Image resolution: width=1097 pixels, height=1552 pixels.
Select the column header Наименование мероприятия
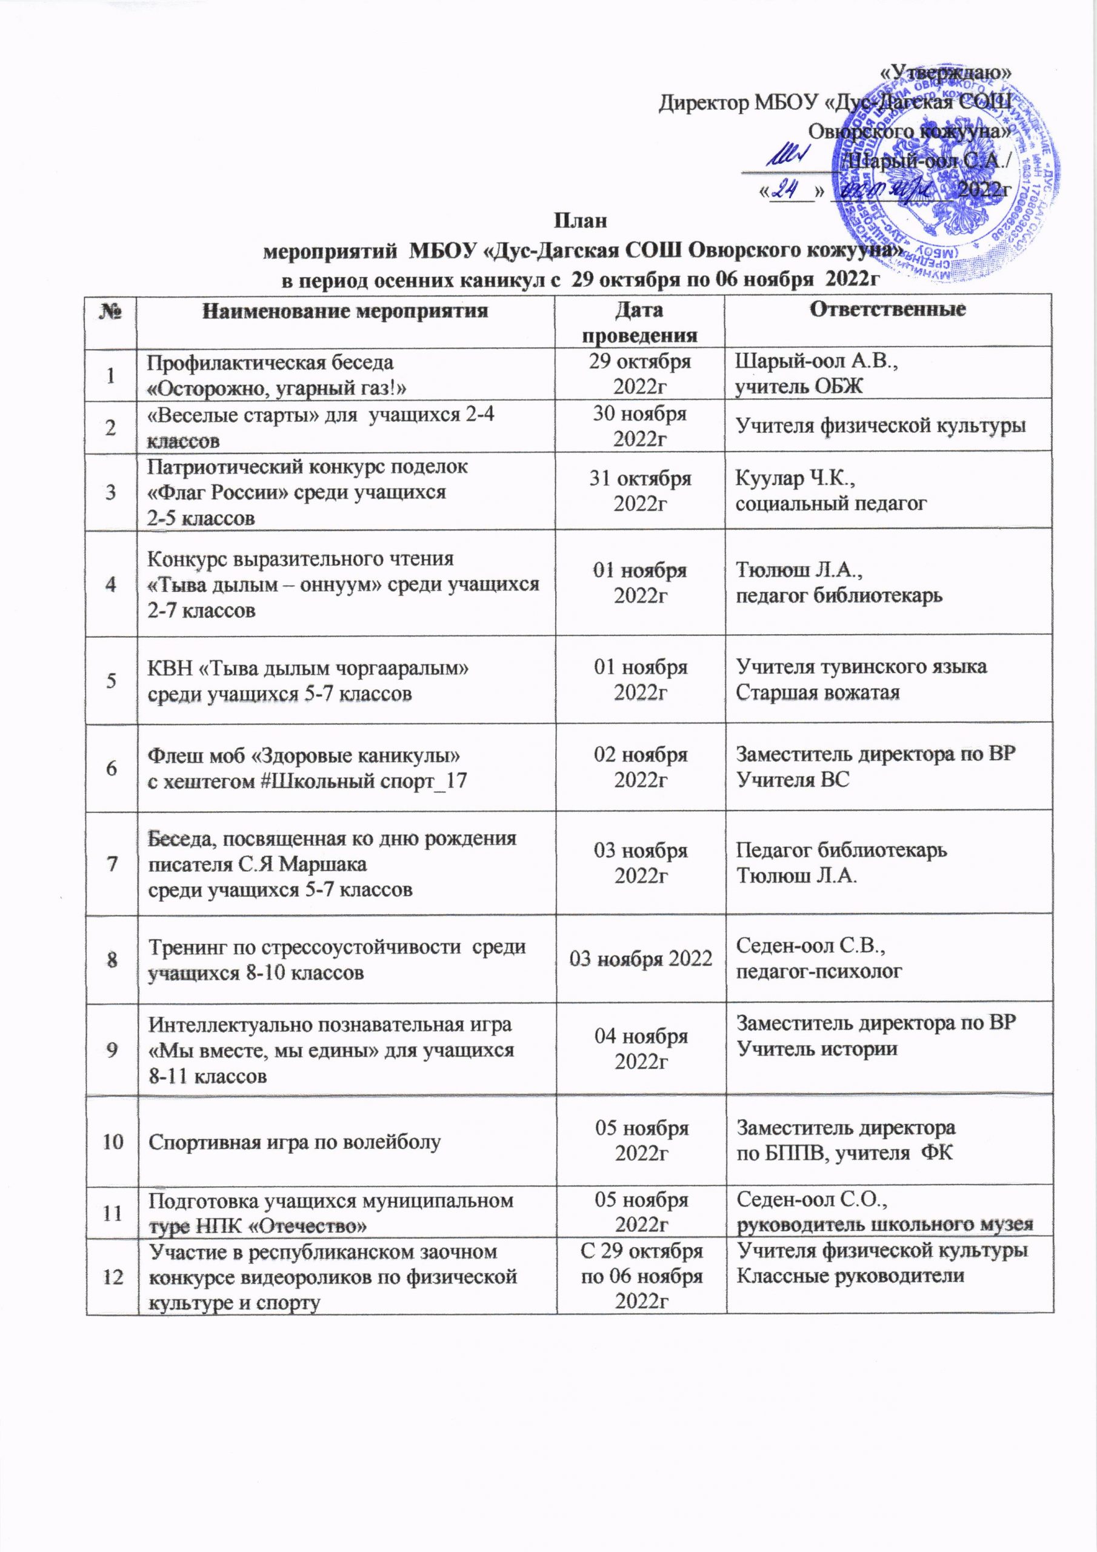pos(345,311)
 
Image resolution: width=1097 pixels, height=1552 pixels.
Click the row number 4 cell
pos(111,583)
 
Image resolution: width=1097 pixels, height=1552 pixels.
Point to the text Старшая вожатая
pos(817,693)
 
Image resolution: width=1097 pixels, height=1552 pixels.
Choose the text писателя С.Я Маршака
pos(258,865)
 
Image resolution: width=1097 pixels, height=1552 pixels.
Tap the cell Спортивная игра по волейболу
pos(294,1142)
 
